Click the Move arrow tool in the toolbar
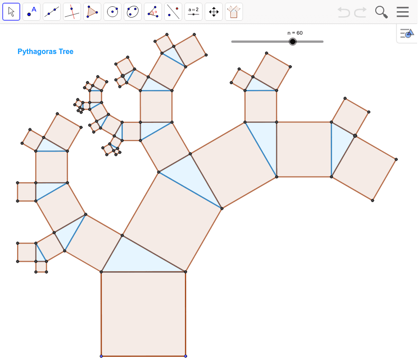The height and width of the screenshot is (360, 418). click(11, 12)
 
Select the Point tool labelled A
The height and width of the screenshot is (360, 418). click(31, 12)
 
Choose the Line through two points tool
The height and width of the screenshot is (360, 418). click(52, 12)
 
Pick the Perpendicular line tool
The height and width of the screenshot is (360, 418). click(72, 12)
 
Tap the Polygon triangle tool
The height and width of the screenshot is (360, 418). click(92, 12)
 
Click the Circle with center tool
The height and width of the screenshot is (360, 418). click(112, 12)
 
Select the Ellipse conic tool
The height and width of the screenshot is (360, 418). click(133, 12)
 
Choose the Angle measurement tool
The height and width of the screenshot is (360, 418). click(153, 12)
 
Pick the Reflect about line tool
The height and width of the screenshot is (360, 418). click(173, 12)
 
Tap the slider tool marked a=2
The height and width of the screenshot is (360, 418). click(193, 12)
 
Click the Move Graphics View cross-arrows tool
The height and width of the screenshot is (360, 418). click(214, 12)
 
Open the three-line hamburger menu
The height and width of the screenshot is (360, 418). click(402, 12)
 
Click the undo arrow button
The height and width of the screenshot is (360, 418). click(344, 12)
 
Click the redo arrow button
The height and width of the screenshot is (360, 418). click(360, 12)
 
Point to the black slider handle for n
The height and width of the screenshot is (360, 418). click(293, 41)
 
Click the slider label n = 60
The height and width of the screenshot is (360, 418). click(295, 33)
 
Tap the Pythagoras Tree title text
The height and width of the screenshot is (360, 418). click(45, 52)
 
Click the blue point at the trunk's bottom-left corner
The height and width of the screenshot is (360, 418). click(101, 356)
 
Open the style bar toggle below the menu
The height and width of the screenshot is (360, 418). click(407, 33)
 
